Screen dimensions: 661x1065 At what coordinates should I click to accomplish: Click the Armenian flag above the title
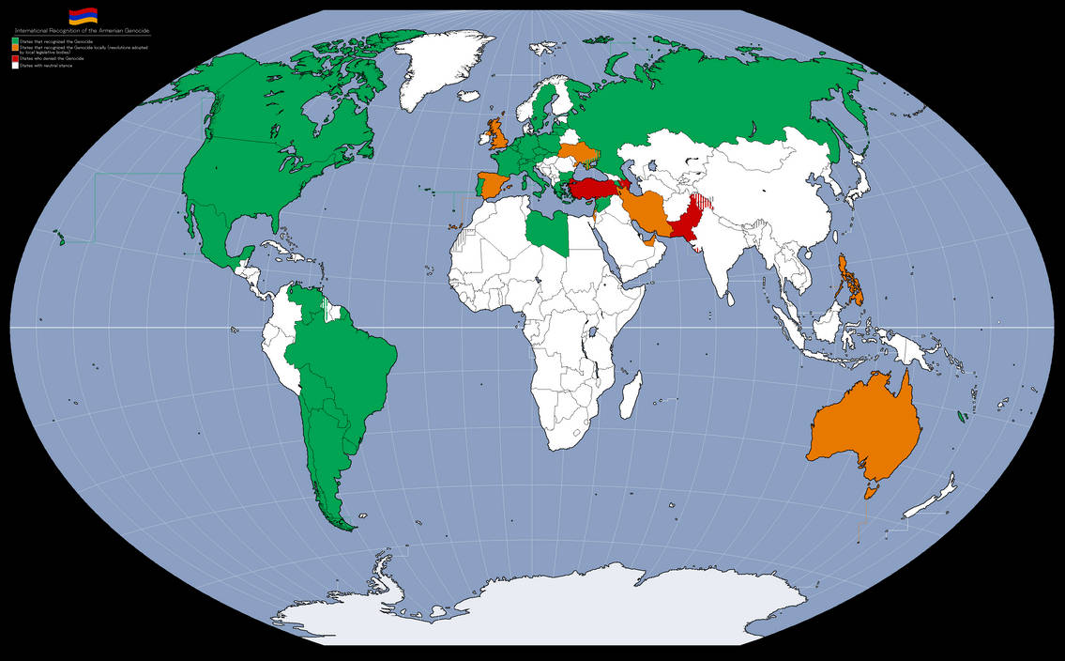[x=82, y=17]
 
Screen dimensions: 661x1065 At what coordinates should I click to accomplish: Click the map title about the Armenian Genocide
[x=83, y=31]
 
